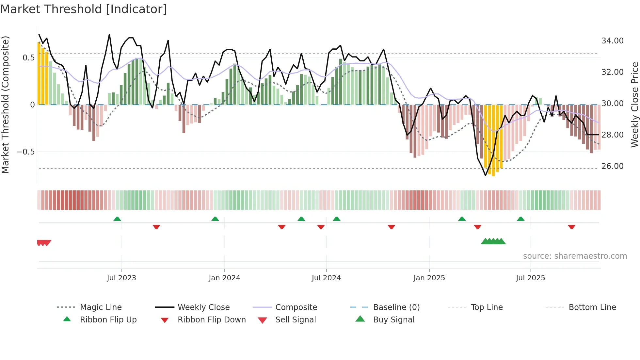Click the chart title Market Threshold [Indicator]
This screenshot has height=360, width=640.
84,9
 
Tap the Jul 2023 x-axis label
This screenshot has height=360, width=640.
121,278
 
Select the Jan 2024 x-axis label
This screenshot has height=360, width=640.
224,278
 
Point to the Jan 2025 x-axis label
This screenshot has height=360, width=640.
429,278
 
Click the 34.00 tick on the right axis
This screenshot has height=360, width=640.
612,41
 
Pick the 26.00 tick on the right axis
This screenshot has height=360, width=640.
612,166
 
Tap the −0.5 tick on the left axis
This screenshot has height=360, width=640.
25,152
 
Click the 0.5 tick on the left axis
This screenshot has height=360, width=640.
28,58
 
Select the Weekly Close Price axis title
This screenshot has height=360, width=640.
634,105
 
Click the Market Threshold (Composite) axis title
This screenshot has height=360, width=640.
5,105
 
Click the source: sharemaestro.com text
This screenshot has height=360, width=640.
575,256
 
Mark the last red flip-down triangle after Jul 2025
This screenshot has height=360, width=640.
571,227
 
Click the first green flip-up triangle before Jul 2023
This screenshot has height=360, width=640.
117,219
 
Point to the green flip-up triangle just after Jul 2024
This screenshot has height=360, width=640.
337,219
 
